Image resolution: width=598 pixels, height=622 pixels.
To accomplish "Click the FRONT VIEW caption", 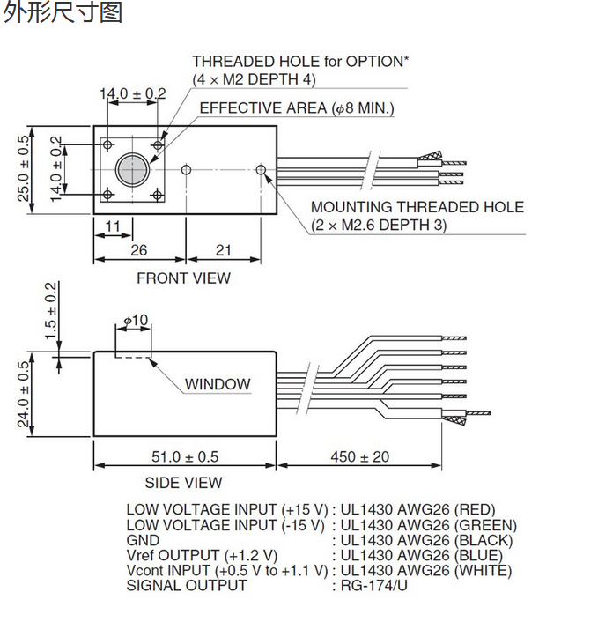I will coord(183,278).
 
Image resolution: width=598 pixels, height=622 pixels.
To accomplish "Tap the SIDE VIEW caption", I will coord(183,483).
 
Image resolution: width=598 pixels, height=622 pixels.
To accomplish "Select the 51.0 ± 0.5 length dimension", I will coord(185,456).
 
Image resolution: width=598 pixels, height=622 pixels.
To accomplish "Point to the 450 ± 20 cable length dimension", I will coord(359,456).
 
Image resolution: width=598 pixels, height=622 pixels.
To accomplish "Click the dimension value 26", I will coord(139,250).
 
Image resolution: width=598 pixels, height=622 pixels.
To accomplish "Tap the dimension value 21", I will coord(223,250).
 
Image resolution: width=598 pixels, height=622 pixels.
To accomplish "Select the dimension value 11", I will coord(112,227).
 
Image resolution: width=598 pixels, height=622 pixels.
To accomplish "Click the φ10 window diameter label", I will coord(136,320).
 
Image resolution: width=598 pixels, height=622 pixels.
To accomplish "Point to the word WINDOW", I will coord(218,384).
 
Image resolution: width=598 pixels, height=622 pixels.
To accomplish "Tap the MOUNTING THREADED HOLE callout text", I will coord(417,207).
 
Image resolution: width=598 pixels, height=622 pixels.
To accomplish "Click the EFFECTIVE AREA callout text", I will coord(297,108).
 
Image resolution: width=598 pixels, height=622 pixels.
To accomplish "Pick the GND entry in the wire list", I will coord(143,540).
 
